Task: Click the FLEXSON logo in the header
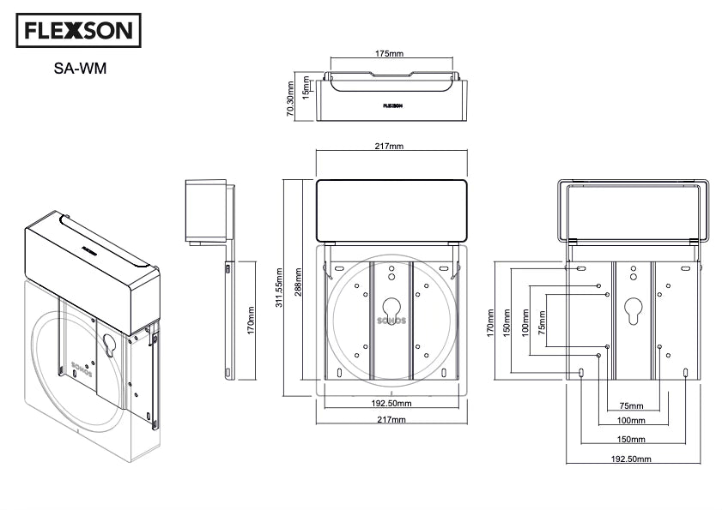point(78,32)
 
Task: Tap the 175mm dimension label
point(389,54)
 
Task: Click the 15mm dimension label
point(306,87)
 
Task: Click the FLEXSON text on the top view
point(394,106)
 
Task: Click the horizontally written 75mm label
point(631,405)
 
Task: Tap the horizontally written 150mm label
point(631,438)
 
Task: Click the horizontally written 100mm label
point(631,421)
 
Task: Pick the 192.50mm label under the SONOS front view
point(391,403)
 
